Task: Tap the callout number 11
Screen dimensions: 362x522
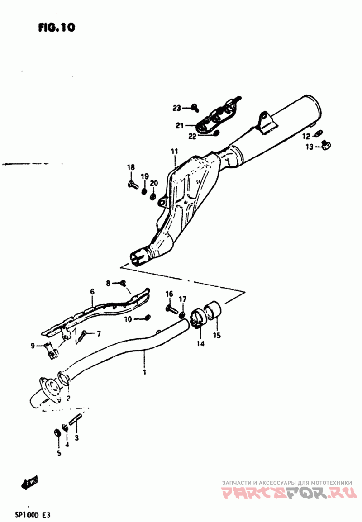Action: (175, 151)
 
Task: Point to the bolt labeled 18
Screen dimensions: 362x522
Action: (132, 184)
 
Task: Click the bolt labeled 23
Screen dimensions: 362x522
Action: (195, 107)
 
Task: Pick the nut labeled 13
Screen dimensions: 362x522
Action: (325, 145)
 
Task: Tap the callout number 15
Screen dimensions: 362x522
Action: (217, 335)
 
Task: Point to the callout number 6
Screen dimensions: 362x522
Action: (92, 292)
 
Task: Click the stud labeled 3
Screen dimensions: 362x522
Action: (76, 420)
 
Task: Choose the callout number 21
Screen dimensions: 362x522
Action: (179, 125)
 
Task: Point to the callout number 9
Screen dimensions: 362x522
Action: (33, 346)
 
